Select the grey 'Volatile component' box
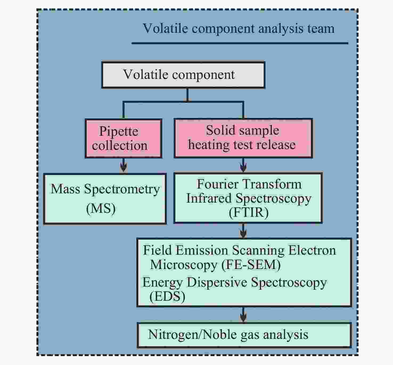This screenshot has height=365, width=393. pos(183,75)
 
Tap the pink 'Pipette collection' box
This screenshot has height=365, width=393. pos(124,138)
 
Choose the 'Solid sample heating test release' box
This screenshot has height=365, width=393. pos(243,138)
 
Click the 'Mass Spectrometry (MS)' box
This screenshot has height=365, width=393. pos(105,199)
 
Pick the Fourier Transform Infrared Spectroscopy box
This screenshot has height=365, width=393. pos(248,198)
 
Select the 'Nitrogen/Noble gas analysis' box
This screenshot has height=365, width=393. pos(244,335)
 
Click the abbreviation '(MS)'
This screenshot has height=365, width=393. pos(101,209)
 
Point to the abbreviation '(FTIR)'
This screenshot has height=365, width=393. pos(248,212)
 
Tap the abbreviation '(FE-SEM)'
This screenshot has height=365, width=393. pos(251,265)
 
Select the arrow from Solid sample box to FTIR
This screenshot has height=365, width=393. pos(243,165)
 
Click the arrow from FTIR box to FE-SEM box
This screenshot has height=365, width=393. pos(243,231)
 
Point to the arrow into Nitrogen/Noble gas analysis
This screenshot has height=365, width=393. pos(243,315)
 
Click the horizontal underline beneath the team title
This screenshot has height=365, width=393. pos(240,43)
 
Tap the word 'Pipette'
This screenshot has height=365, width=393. pos(119,131)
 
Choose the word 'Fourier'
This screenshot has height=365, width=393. pos(215,184)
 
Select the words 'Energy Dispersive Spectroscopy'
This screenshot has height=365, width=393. pos(235,283)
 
